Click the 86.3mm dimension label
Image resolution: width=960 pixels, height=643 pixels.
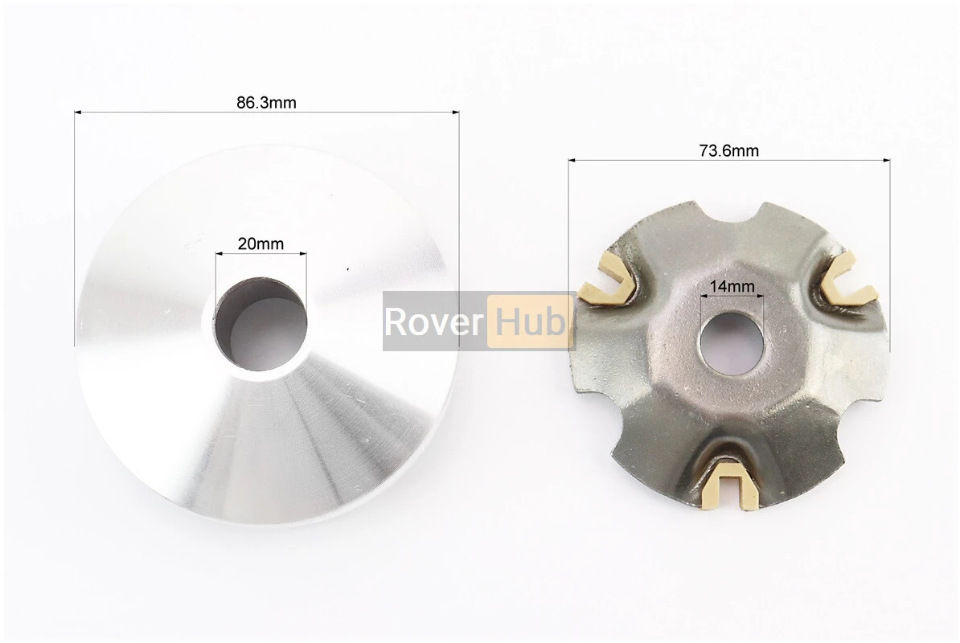266,102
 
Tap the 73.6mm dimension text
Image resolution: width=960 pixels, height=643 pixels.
728,150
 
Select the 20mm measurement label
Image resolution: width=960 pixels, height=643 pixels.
261,244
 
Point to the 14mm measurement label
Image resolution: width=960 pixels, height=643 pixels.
732,285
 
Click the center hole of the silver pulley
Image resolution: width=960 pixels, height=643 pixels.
261,324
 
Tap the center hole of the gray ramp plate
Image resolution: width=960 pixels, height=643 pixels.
732,342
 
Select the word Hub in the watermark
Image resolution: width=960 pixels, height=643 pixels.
530,321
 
